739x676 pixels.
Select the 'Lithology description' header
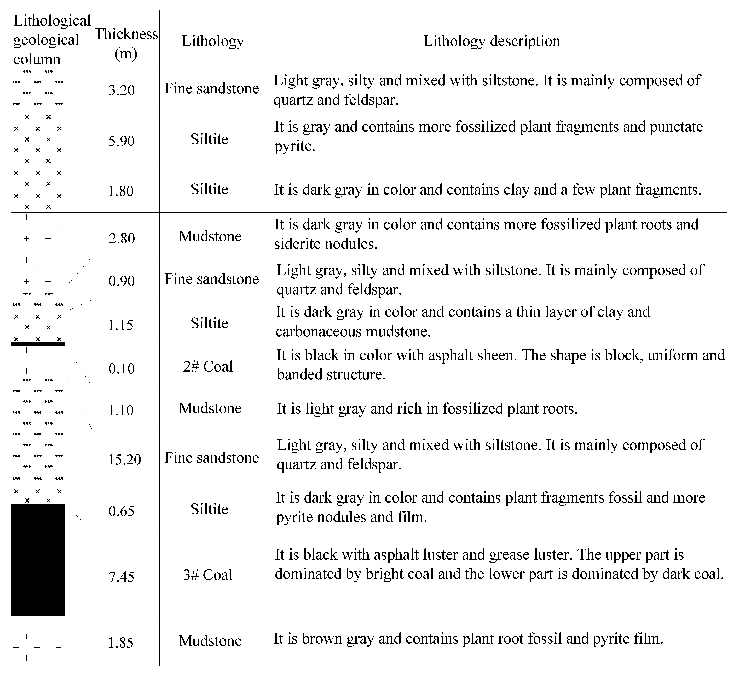tap(492, 41)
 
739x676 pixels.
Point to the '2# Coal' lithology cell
tap(208, 366)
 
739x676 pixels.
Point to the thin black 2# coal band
tap(38, 344)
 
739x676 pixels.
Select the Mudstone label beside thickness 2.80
tap(210, 236)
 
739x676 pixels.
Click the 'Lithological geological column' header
tap(51, 40)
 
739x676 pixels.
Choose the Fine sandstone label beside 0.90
tap(211, 279)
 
